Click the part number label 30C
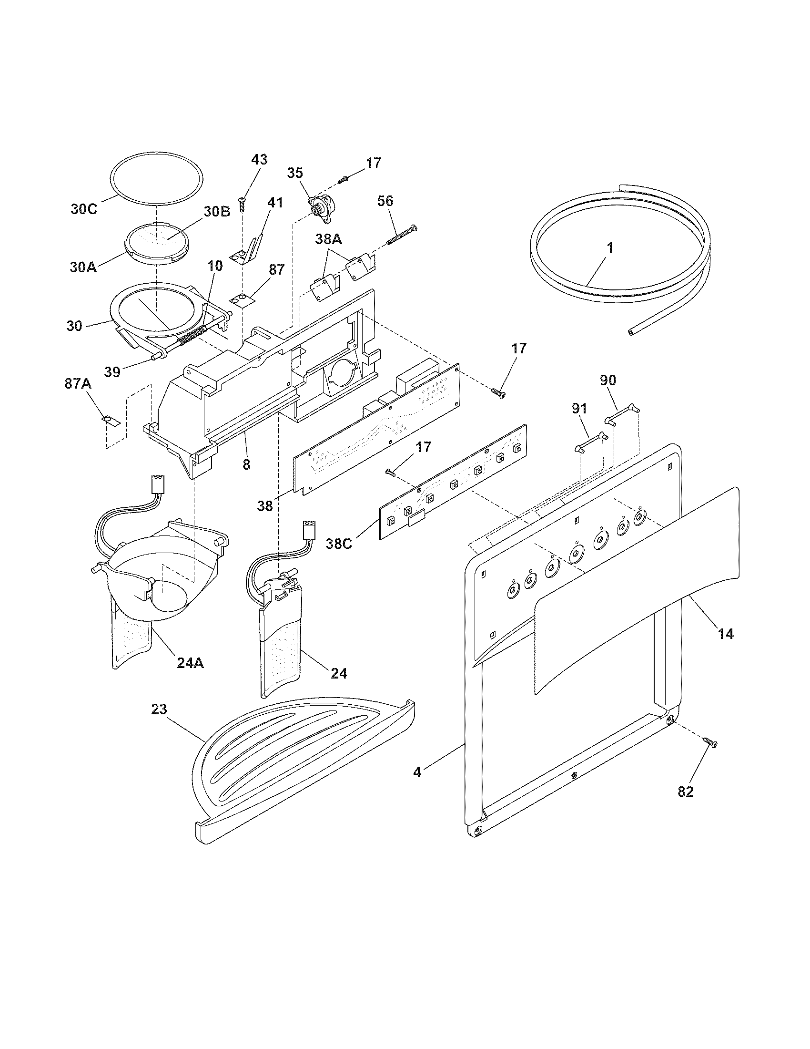tap(84, 209)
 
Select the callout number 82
tap(686, 791)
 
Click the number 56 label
tap(385, 201)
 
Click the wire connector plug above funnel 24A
tap(158, 483)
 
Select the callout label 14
tap(726, 634)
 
